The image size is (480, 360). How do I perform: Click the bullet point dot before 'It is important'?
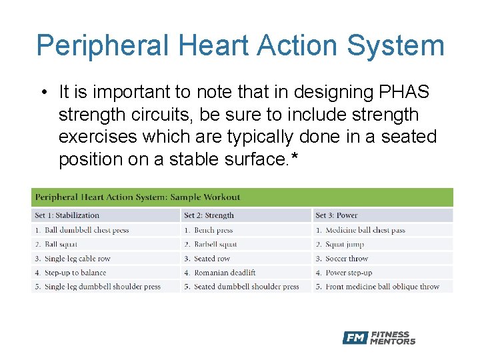coord(43,92)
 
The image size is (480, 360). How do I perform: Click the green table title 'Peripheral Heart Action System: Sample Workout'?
coord(137,197)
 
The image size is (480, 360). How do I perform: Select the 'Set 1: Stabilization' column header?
coord(67,215)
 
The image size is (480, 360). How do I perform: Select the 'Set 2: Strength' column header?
coord(209,215)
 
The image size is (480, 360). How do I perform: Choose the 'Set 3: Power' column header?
coord(337,215)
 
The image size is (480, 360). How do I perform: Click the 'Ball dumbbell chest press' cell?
coord(86,230)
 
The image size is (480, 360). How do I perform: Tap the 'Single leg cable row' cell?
coord(77,259)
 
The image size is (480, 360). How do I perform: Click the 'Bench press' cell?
coord(213,230)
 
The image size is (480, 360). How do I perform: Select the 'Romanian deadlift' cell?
coord(225,273)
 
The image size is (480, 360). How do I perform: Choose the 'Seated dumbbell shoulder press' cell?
coord(246,287)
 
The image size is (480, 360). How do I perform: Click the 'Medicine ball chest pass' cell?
coord(365,230)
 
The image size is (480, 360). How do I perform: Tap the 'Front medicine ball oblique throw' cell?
coord(382,287)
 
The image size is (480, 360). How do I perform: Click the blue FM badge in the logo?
coord(355,338)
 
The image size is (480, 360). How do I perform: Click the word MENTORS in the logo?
coord(393,341)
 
